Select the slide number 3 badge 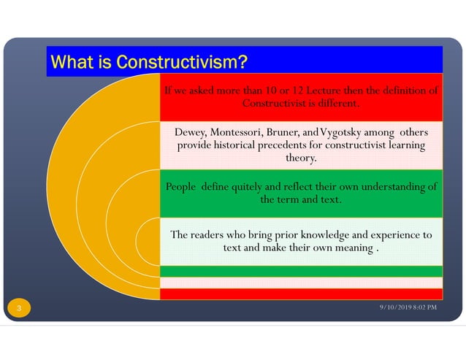click(19, 309)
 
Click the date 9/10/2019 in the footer click(396, 307)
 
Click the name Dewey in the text click(190, 132)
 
